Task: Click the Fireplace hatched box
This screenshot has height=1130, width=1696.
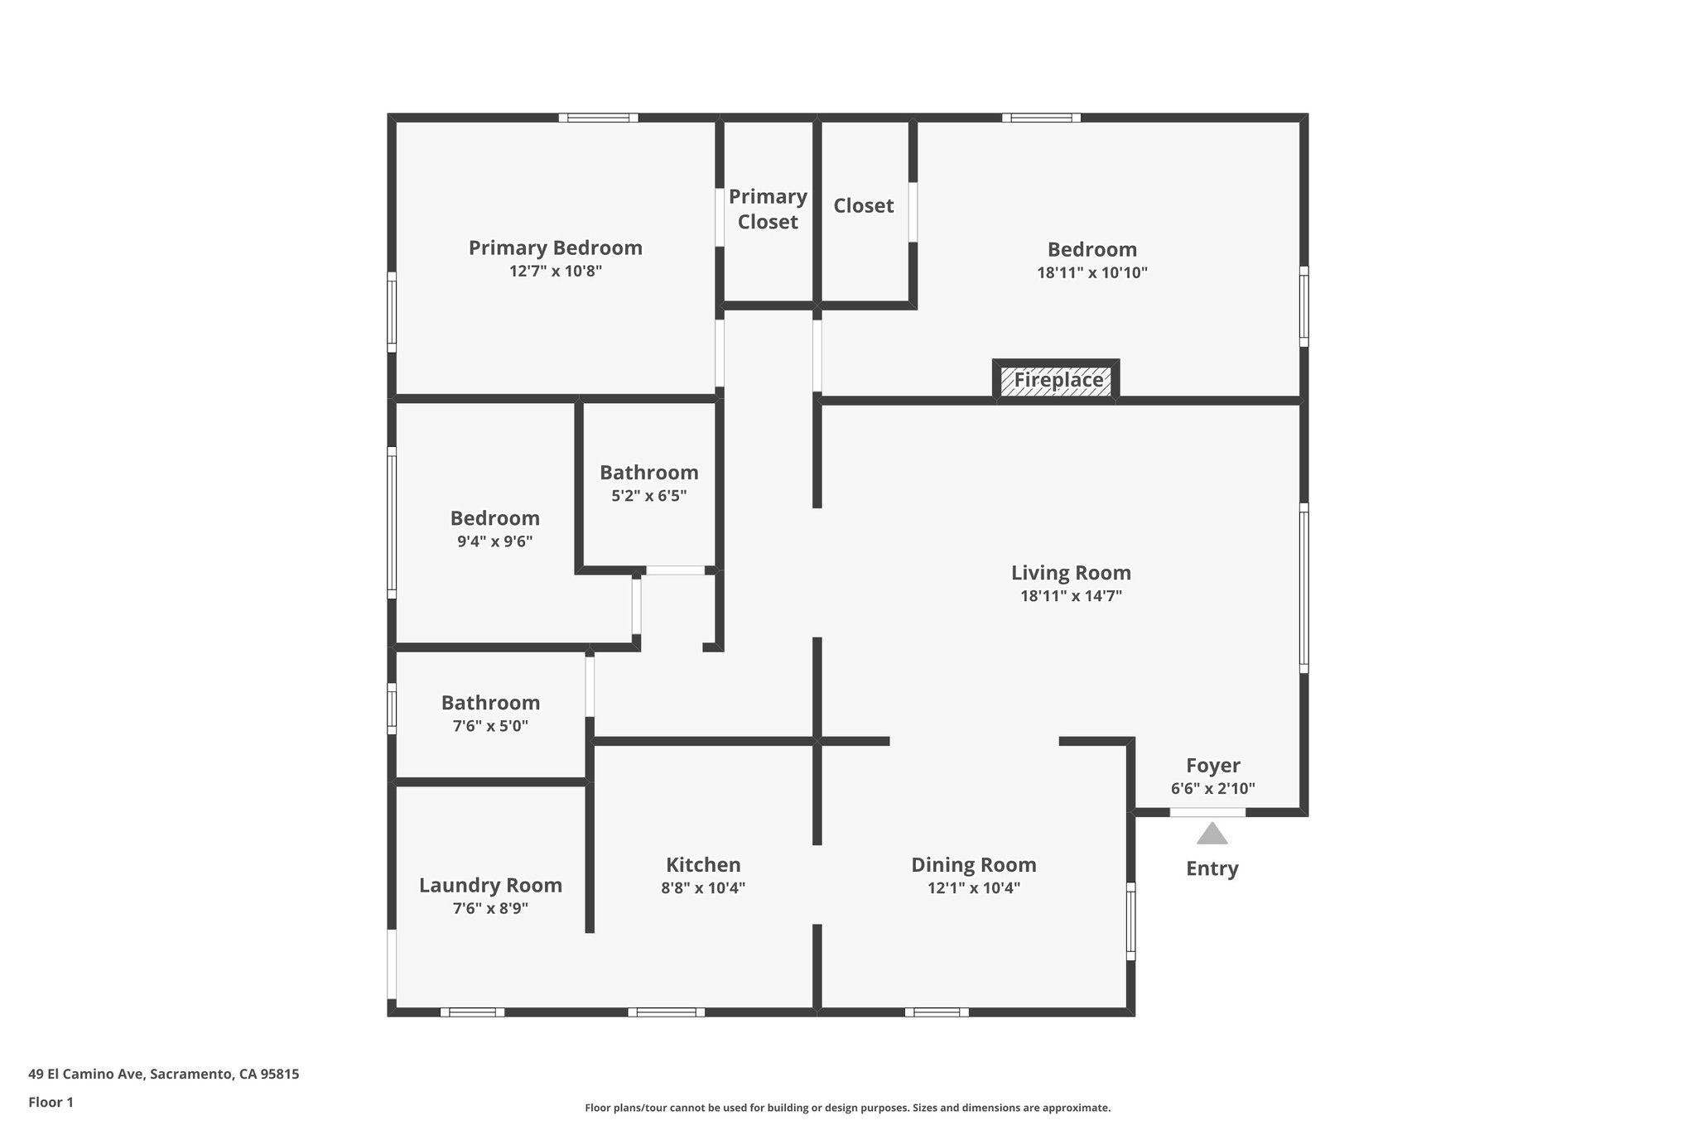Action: (1057, 381)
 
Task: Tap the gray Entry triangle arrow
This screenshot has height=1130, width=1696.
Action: (1212, 834)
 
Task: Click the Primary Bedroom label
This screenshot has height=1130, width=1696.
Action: (555, 248)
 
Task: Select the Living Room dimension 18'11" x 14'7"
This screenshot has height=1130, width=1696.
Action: (1071, 595)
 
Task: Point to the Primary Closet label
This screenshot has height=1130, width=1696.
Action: (768, 209)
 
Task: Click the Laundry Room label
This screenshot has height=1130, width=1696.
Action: (490, 885)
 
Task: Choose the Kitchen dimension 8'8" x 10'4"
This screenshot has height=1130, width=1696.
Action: (703, 888)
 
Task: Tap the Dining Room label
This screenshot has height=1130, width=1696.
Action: (973, 864)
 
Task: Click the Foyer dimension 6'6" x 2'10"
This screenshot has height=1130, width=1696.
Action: (1212, 789)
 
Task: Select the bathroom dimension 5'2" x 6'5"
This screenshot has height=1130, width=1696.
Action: (648, 496)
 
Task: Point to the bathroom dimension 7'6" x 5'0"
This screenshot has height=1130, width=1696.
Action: (490, 726)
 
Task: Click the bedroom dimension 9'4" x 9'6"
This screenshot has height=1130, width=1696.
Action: (494, 541)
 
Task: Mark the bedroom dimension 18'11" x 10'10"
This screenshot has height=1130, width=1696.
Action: (1091, 272)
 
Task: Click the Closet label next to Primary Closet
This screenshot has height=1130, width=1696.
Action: (863, 205)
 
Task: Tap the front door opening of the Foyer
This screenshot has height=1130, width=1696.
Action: (1207, 813)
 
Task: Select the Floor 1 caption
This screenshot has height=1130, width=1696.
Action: (51, 1102)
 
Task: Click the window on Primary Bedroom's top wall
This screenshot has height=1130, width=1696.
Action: (598, 118)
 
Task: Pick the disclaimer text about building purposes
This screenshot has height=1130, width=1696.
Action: (847, 1108)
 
